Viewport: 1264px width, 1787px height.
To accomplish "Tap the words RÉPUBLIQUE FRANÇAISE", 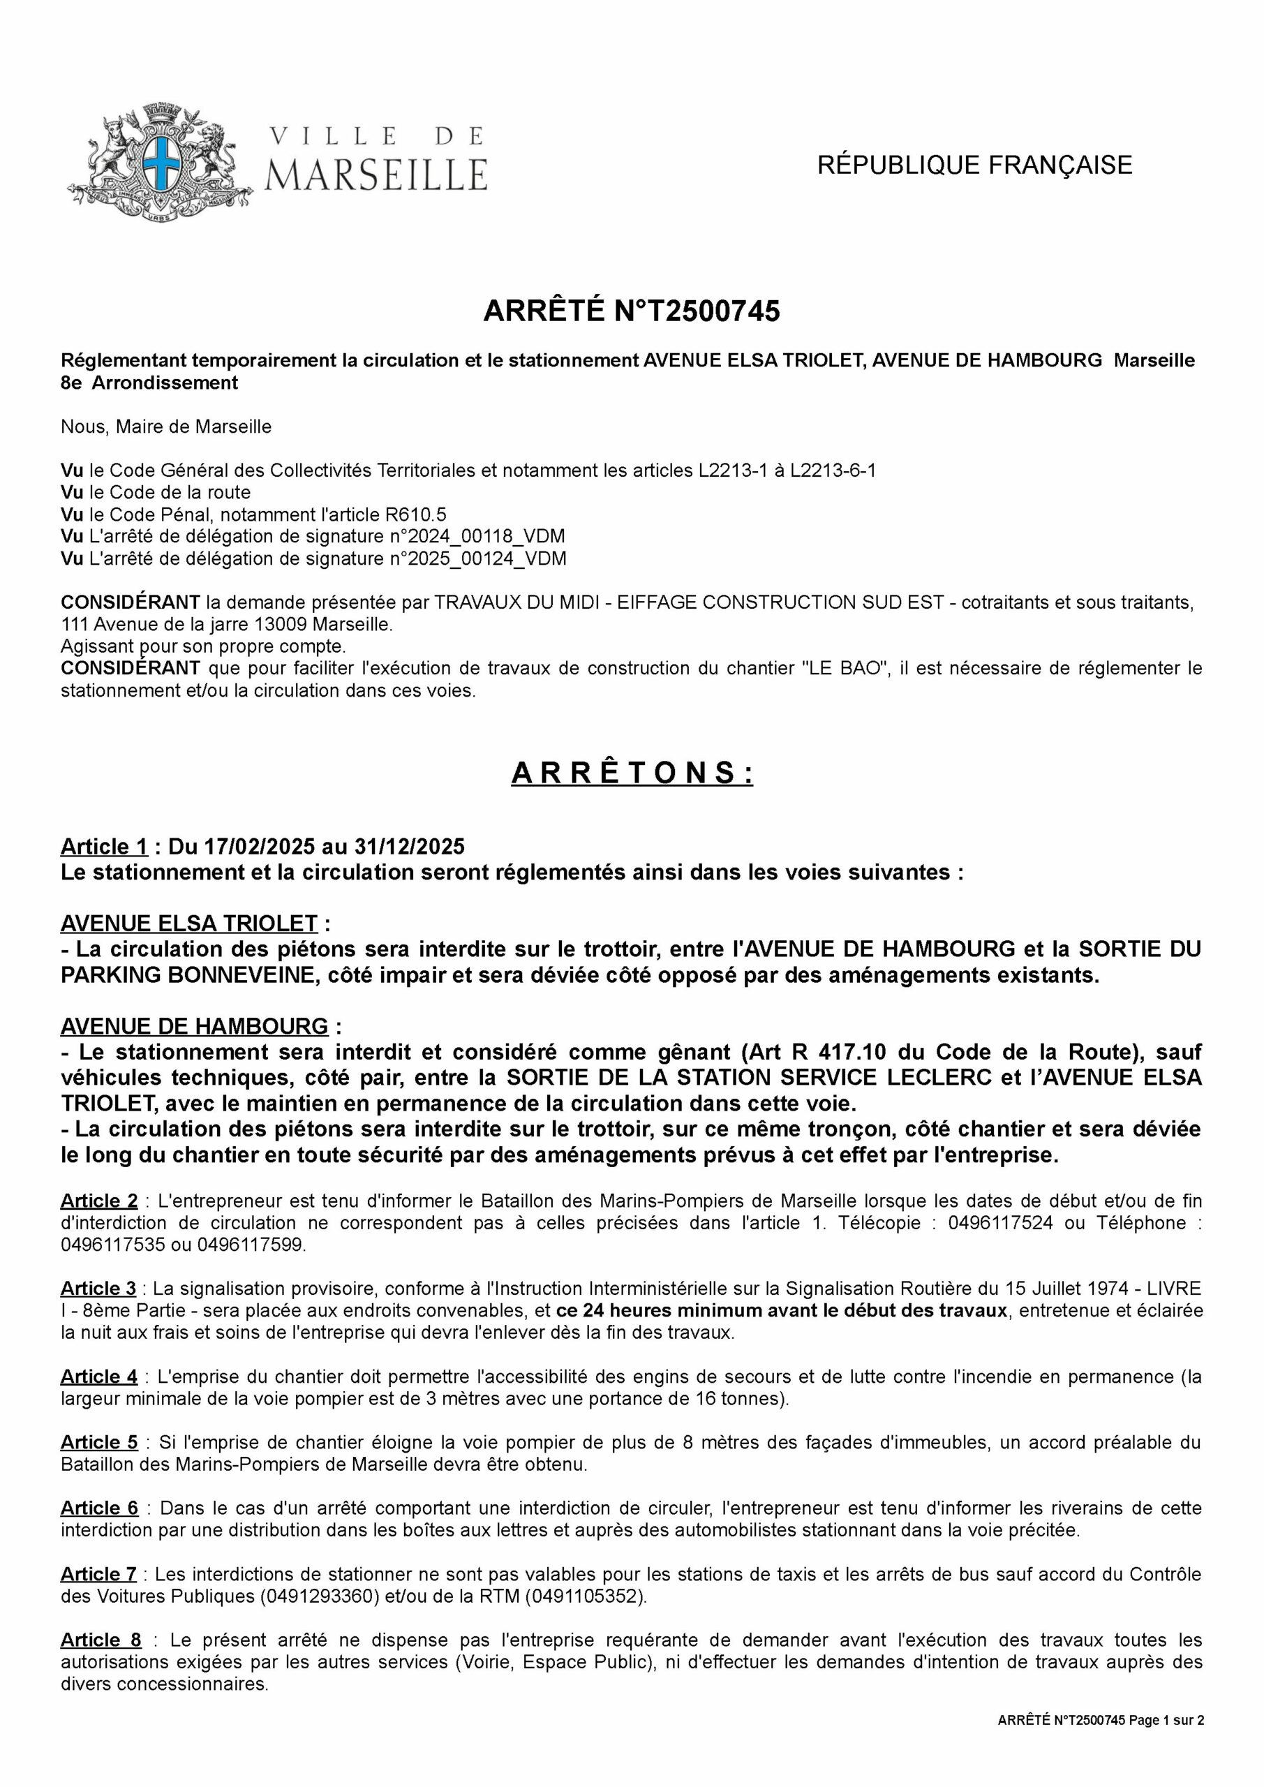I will (974, 165).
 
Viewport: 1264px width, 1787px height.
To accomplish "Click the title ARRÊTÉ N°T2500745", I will (631, 311).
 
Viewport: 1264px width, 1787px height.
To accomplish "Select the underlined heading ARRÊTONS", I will (631, 773).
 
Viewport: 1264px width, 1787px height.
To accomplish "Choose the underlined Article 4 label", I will (99, 1376).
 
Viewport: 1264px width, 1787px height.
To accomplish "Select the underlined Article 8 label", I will (101, 1640).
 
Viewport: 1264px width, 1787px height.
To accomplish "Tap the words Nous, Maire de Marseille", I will (166, 427).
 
